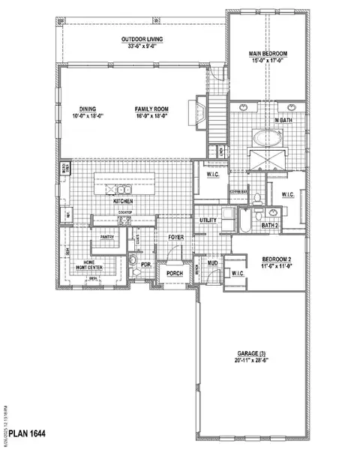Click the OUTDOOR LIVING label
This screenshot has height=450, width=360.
(142, 40)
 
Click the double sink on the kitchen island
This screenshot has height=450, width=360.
(119, 179)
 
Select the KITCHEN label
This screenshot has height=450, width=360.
(124, 202)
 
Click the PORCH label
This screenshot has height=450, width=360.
(175, 274)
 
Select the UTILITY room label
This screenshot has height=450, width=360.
(208, 220)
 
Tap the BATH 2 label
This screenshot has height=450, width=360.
(269, 224)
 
